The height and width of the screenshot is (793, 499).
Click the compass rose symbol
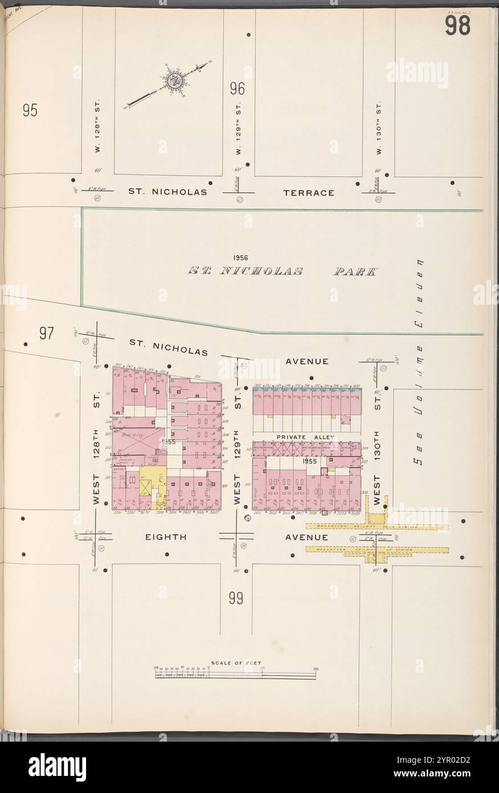(x=174, y=80)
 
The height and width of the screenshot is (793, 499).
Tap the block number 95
(x=30, y=110)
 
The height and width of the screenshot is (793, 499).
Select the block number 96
(x=237, y=89)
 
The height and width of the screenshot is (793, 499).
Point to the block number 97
(x=47, y=333)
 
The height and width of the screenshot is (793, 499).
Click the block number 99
(x=237, y=598)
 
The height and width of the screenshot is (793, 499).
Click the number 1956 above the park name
(x=241, y=258)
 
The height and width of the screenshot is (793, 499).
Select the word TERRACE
(x=309, y=193)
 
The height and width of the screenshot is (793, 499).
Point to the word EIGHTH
(x=166, y=537)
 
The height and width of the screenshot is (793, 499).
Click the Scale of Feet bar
(x=235, y=674)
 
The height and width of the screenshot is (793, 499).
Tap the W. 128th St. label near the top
(x=98, y=127)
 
